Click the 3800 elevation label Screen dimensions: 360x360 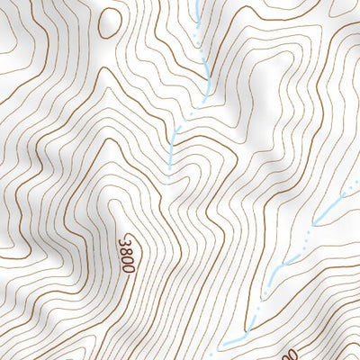(126, 255)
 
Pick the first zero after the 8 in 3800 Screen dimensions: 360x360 (126, 259)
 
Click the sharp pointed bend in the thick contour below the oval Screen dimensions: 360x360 (107, 90)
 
